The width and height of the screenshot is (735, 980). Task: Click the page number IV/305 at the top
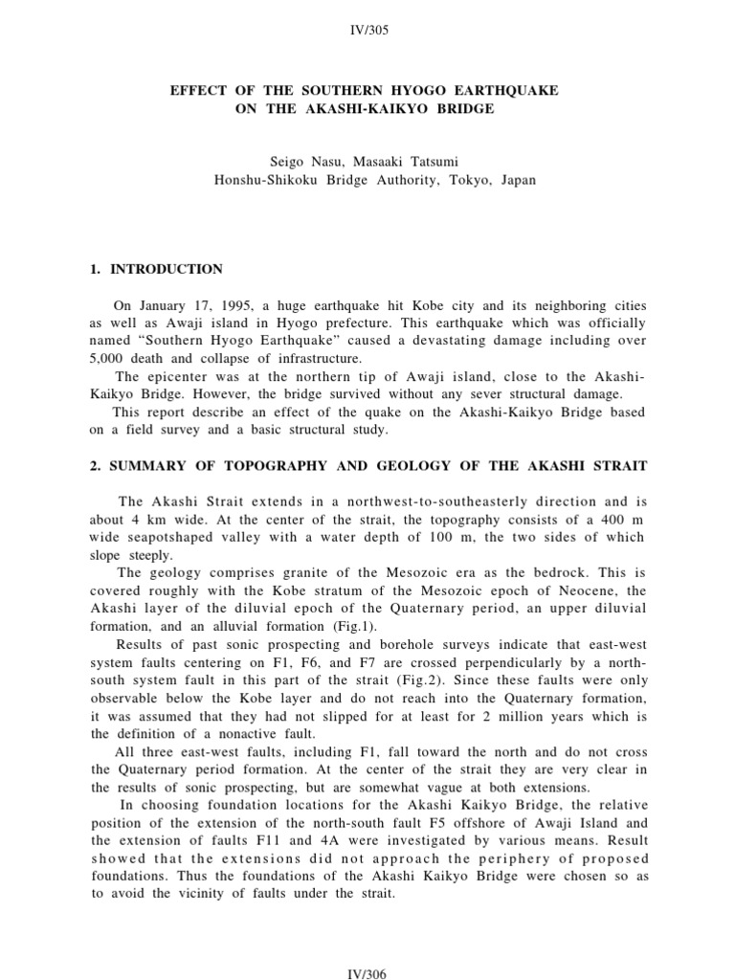tap(367, 31)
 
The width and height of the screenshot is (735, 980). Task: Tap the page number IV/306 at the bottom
tap(367, 973)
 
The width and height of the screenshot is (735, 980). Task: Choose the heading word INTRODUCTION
tap(166, 269)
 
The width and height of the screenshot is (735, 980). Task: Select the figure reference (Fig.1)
tap(353, 626)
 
